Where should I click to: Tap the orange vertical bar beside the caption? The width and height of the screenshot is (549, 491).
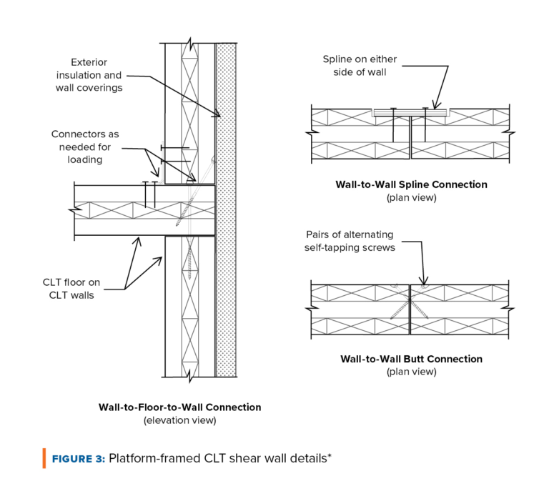(x=44, y=458)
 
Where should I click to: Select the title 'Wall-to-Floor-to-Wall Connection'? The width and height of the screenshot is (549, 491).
(x=179, y=407)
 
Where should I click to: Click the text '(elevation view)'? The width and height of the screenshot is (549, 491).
(x=179, y=420)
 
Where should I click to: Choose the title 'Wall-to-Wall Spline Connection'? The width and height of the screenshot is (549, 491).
(x=411, y=184)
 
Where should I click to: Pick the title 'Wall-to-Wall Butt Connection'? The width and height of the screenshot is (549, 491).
(x=411, y=359)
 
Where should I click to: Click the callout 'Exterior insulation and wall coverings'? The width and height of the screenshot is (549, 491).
(x=89, y=75)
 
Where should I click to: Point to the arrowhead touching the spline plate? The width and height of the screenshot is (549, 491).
(x=433, y=106)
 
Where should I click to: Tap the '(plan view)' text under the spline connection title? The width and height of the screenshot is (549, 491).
(x=411, y=197)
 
